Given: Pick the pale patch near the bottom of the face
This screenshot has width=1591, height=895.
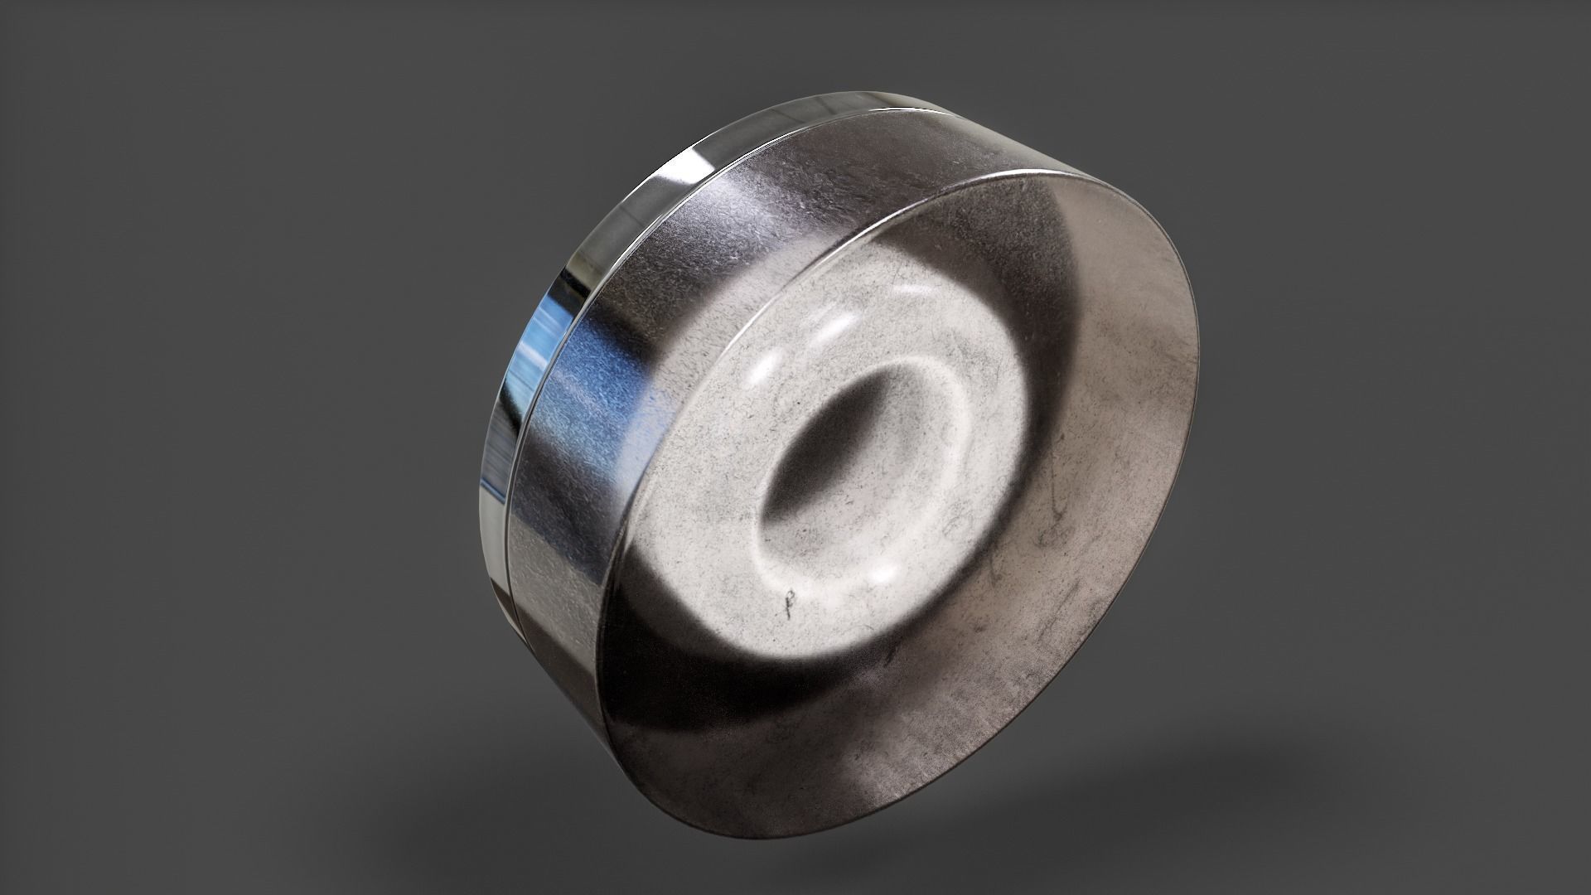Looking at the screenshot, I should [878, 762].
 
